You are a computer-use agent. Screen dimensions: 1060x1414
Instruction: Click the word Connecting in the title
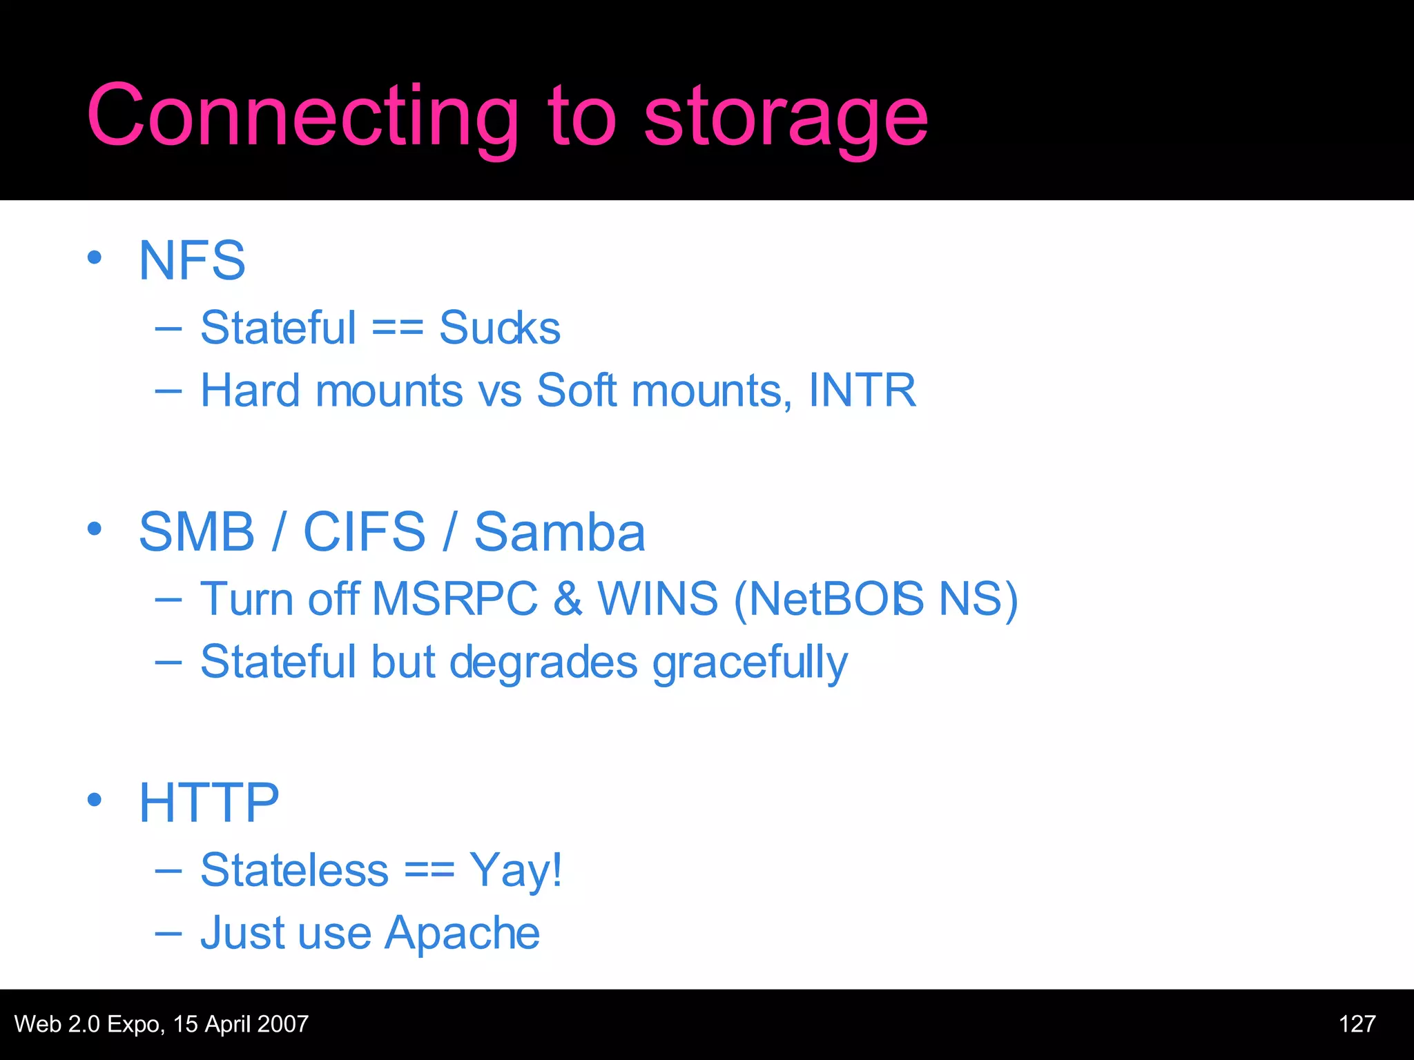(x=302, y=116)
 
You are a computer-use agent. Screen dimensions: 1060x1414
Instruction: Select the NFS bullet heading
(x=192, y=261)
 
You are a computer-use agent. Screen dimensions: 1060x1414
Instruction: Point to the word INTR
(x=862, y=391)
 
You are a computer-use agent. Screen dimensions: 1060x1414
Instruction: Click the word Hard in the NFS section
(x=250, y=391)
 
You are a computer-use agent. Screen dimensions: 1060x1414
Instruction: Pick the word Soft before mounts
(x=577, y=391)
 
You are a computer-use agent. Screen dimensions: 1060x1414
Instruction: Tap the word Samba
(x=560, y=532)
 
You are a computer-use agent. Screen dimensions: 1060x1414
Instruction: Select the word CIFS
(x=365, y=532)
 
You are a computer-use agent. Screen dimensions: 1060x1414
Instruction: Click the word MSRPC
(x=454, y=598)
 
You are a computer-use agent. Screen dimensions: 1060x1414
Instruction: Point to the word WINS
(x=657, y=598)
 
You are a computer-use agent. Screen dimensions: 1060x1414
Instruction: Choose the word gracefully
(x=750, y=662)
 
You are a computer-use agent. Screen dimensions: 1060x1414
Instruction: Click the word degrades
(x=543, y=662)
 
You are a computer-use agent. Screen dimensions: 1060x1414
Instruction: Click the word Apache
(x=462, y=933)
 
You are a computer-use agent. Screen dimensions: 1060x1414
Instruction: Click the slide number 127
(x=1357, y=1024)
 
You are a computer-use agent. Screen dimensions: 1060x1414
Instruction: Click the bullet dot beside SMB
(x=95, y=529)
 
